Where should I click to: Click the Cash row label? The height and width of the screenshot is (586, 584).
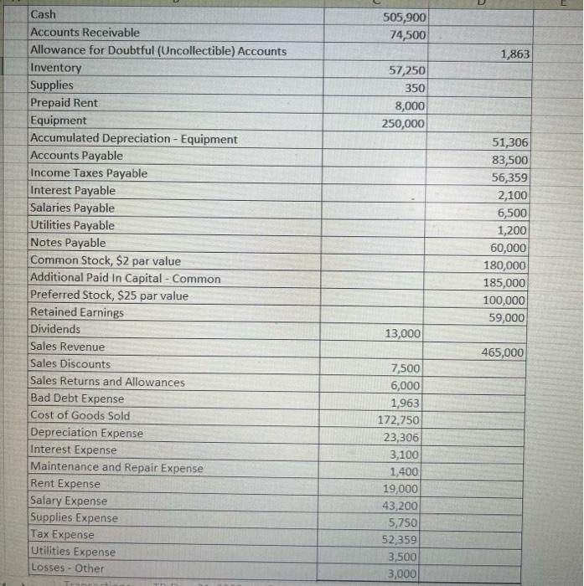(x=43, y=14)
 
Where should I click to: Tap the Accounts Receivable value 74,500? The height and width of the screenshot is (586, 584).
(x=407, y=35)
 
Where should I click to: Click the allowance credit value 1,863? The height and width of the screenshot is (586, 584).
(x=514, y=54)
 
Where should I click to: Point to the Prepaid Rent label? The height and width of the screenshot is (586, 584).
(x=64, y=103)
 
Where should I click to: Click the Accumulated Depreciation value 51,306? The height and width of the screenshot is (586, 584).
(x=510, y=143)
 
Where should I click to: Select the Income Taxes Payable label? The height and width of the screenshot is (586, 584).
(x=89, y=173)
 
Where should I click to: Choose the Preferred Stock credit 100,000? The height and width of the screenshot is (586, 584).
(x=504, y=301)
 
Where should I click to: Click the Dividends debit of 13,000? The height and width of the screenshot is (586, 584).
(x=403, y=333)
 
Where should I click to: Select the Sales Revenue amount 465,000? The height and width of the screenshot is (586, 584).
(x=504, y=353)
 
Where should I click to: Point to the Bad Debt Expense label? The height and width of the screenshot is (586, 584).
(x=77, y=398)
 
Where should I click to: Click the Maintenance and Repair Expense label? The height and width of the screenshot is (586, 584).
(x=116, y=468)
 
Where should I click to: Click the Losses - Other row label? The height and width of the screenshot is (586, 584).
(x=67, y=568)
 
